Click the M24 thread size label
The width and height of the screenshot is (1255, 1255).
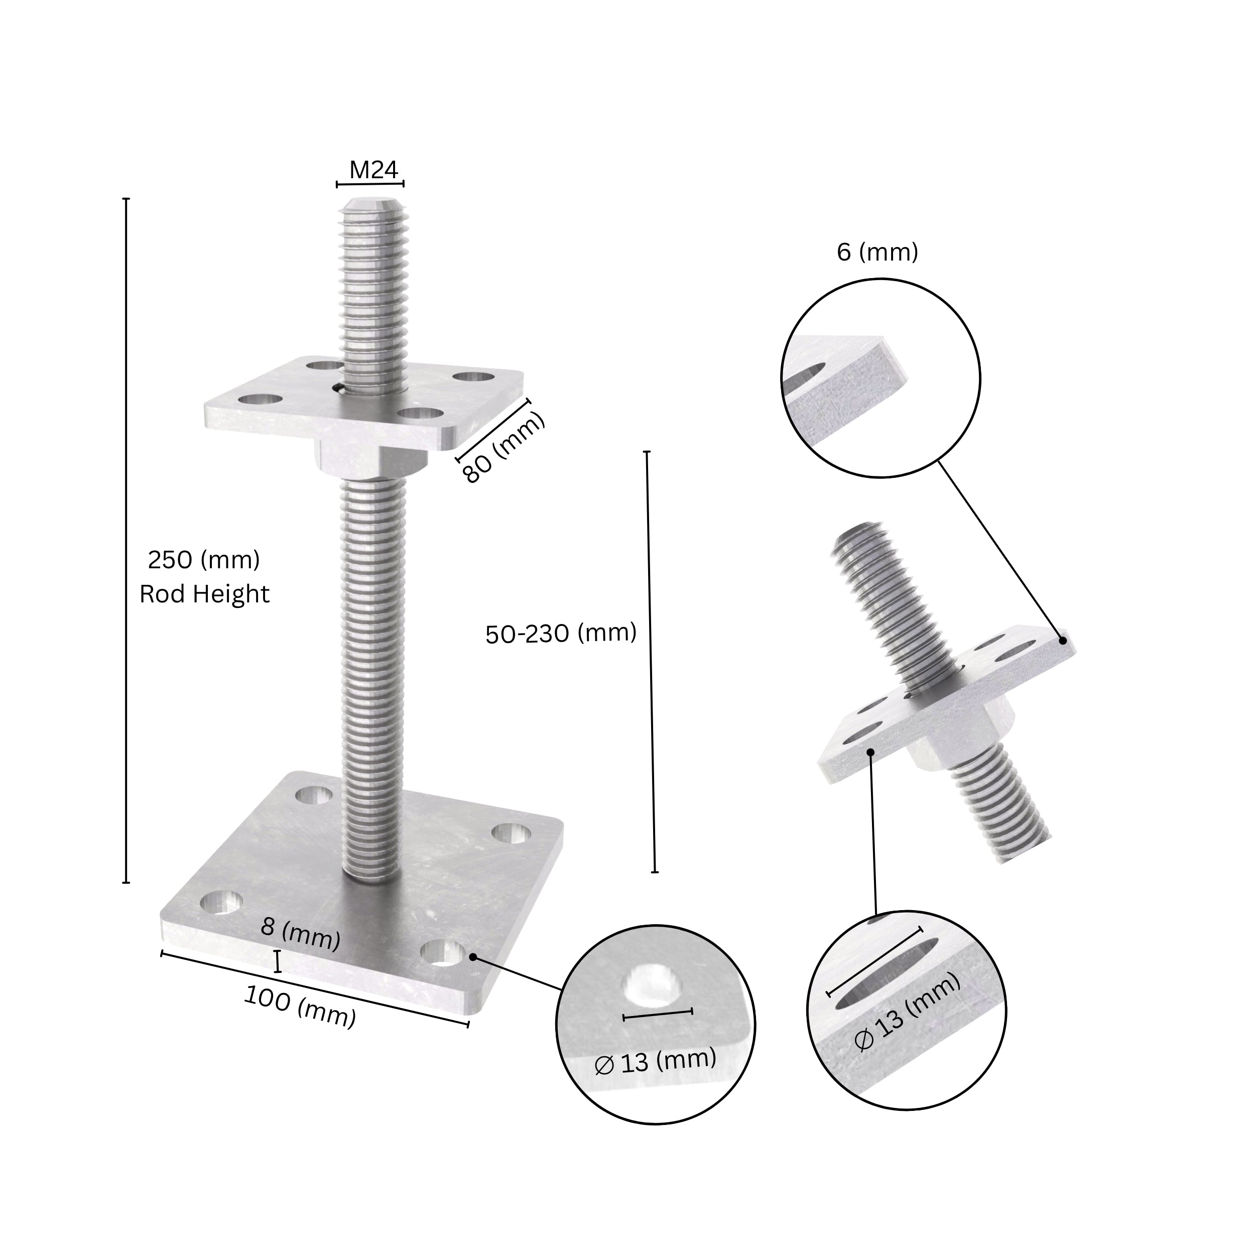pyautogui.click(x=373, y=170)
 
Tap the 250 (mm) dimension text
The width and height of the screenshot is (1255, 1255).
pyautogui.click(x=203, y=559)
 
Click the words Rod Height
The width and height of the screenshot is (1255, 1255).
pyautogui.click(x=204, y=594)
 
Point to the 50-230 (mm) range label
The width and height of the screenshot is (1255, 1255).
pyautogui.click(x=561, y=634)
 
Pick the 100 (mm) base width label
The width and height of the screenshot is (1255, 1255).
pyautogui.click(x=300, y=1006)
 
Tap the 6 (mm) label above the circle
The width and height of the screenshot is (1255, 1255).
pyautogui.click(x=877, y=252)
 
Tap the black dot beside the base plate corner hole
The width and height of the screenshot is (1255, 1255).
pyautogui.click(x=473, y=957)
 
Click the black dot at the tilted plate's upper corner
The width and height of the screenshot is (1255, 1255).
pyautogui.click(x=1063, y=640)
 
